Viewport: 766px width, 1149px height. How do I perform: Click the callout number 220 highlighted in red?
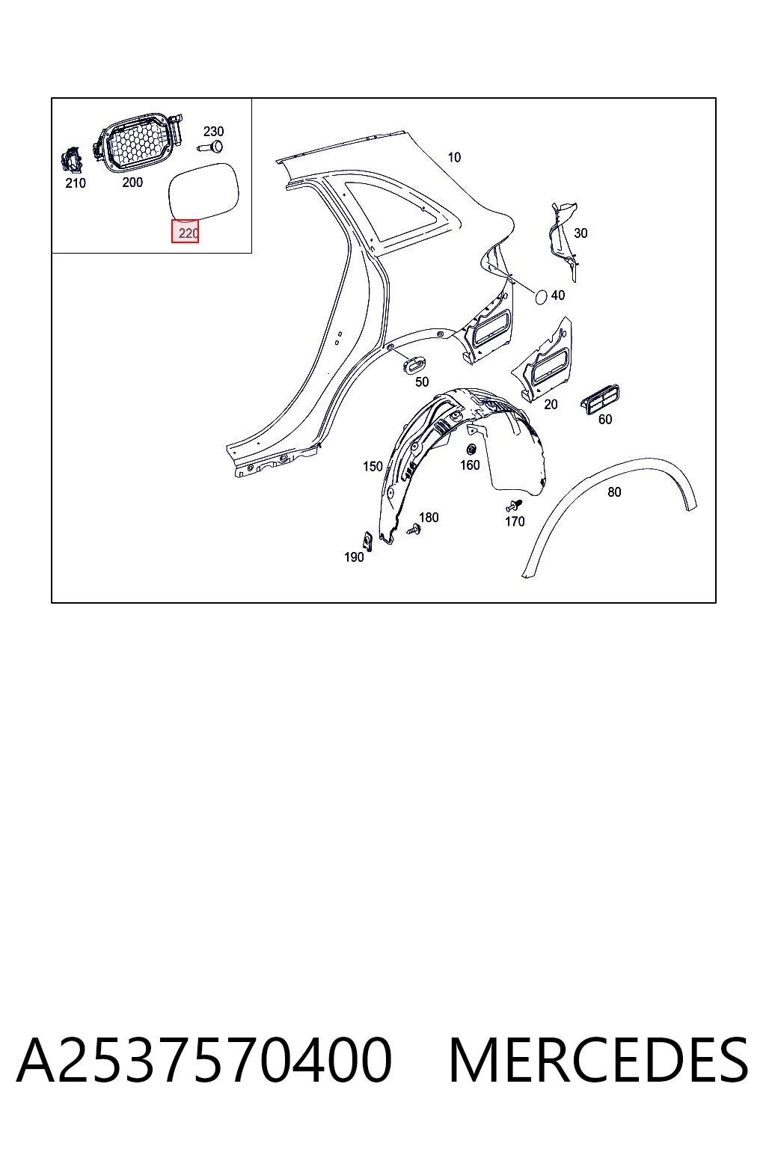point(188,233)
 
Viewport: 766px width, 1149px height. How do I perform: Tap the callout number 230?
point(213,132)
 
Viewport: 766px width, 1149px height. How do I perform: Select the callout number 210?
point(76,183)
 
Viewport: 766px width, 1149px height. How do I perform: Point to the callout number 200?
point(132,182)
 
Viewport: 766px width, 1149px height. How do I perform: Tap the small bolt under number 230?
point(210,147)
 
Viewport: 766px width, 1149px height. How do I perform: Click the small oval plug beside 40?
point(542,296)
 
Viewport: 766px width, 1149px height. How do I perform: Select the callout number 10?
point(454,158)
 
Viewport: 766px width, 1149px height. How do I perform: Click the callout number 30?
point(580,233)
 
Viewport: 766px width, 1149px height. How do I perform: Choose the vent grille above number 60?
point(600,399)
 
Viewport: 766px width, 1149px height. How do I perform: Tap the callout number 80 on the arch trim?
point(614,492)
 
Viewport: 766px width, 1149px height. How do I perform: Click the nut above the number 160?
point(470,450)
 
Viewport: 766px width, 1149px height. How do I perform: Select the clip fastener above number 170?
point(513,505)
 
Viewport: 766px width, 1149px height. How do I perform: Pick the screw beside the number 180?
point(414,530)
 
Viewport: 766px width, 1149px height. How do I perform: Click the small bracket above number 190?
point(367,540)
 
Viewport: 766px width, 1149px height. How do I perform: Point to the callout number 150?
point(373,466)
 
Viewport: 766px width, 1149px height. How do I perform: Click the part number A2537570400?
point(204,1060)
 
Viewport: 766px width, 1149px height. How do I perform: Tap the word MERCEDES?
point(598,1060)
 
